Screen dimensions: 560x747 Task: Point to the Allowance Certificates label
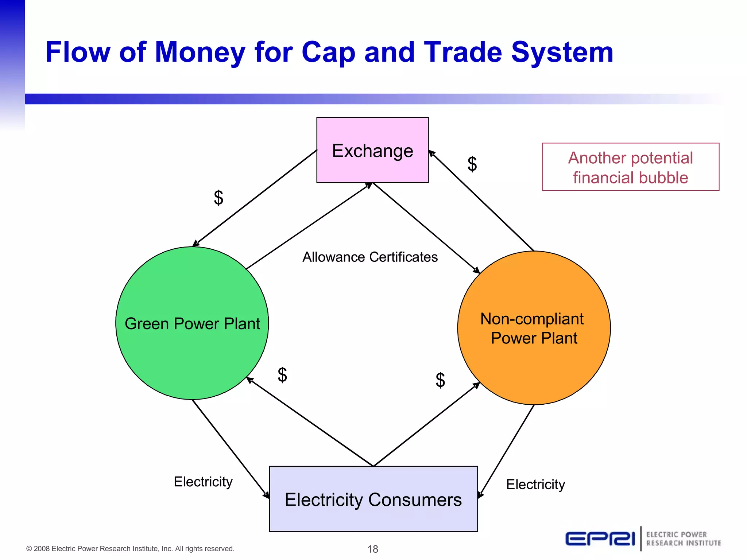pyautogui.click(x=370, y=257)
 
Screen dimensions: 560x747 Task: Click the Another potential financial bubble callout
pyautogui.click(x=630, y=167)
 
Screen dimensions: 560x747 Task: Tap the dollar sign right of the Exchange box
pyautogui.click(x=472, y=164)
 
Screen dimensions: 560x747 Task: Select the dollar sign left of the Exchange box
pyautogui.click(x=218, y=198)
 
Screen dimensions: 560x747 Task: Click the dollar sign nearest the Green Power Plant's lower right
pyautogui.click(x=282, y=375)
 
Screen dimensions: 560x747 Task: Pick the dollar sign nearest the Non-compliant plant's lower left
pyautogui.click(x=440, y=380)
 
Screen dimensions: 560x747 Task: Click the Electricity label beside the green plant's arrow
pyautogui.click(x=203, y=482)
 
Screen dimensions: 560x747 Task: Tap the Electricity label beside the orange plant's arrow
pyautogui.click(x=535, y=485)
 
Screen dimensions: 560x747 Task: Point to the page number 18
pyautogui.click(x=372, y=549)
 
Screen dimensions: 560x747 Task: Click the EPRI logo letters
pyautogui.click(x=600, y=539)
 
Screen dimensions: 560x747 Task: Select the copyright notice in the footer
pyautogui.click(x=130, y=549)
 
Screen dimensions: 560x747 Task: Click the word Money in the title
pyautogui.click(x=200, y=52)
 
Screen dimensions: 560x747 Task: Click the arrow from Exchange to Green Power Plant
pyautogui.click(x=255, y=198)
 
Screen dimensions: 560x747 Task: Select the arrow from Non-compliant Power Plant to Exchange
pyautogui.click(x=481, y=201)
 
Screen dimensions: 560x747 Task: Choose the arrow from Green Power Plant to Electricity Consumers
pyautogui.click(x=230, y=448)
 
